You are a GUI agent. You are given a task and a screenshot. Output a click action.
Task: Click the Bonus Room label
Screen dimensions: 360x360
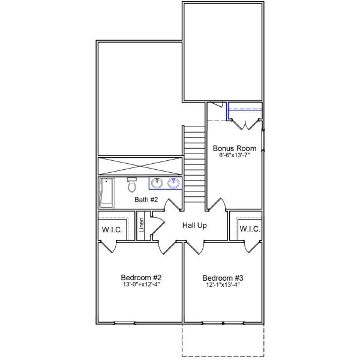(x=235, y=148)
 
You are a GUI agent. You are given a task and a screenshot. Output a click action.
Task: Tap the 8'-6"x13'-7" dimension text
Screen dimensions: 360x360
(x=235, y=156)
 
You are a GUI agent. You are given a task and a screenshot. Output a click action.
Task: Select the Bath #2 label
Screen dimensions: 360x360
(x=146, y=200)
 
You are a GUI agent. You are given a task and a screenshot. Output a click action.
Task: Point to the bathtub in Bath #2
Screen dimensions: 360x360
(x=107, y=192)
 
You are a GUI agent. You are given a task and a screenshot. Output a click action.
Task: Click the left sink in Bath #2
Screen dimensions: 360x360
(x=157, y=183)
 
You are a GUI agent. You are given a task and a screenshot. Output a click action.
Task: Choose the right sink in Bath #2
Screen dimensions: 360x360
(x=174, y=183)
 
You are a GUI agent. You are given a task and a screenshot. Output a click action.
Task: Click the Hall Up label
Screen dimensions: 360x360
(x=194, y=226)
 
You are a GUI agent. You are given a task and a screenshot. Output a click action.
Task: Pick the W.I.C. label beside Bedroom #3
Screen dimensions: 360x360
(x=249, y=229)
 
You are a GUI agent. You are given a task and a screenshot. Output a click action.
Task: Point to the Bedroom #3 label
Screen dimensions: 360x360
(x=223, y=278)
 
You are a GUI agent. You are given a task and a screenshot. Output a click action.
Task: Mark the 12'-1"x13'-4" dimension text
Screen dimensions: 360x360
(x=223, y=286)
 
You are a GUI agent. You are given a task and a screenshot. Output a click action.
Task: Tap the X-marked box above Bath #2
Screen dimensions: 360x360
(x=139, y=166)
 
